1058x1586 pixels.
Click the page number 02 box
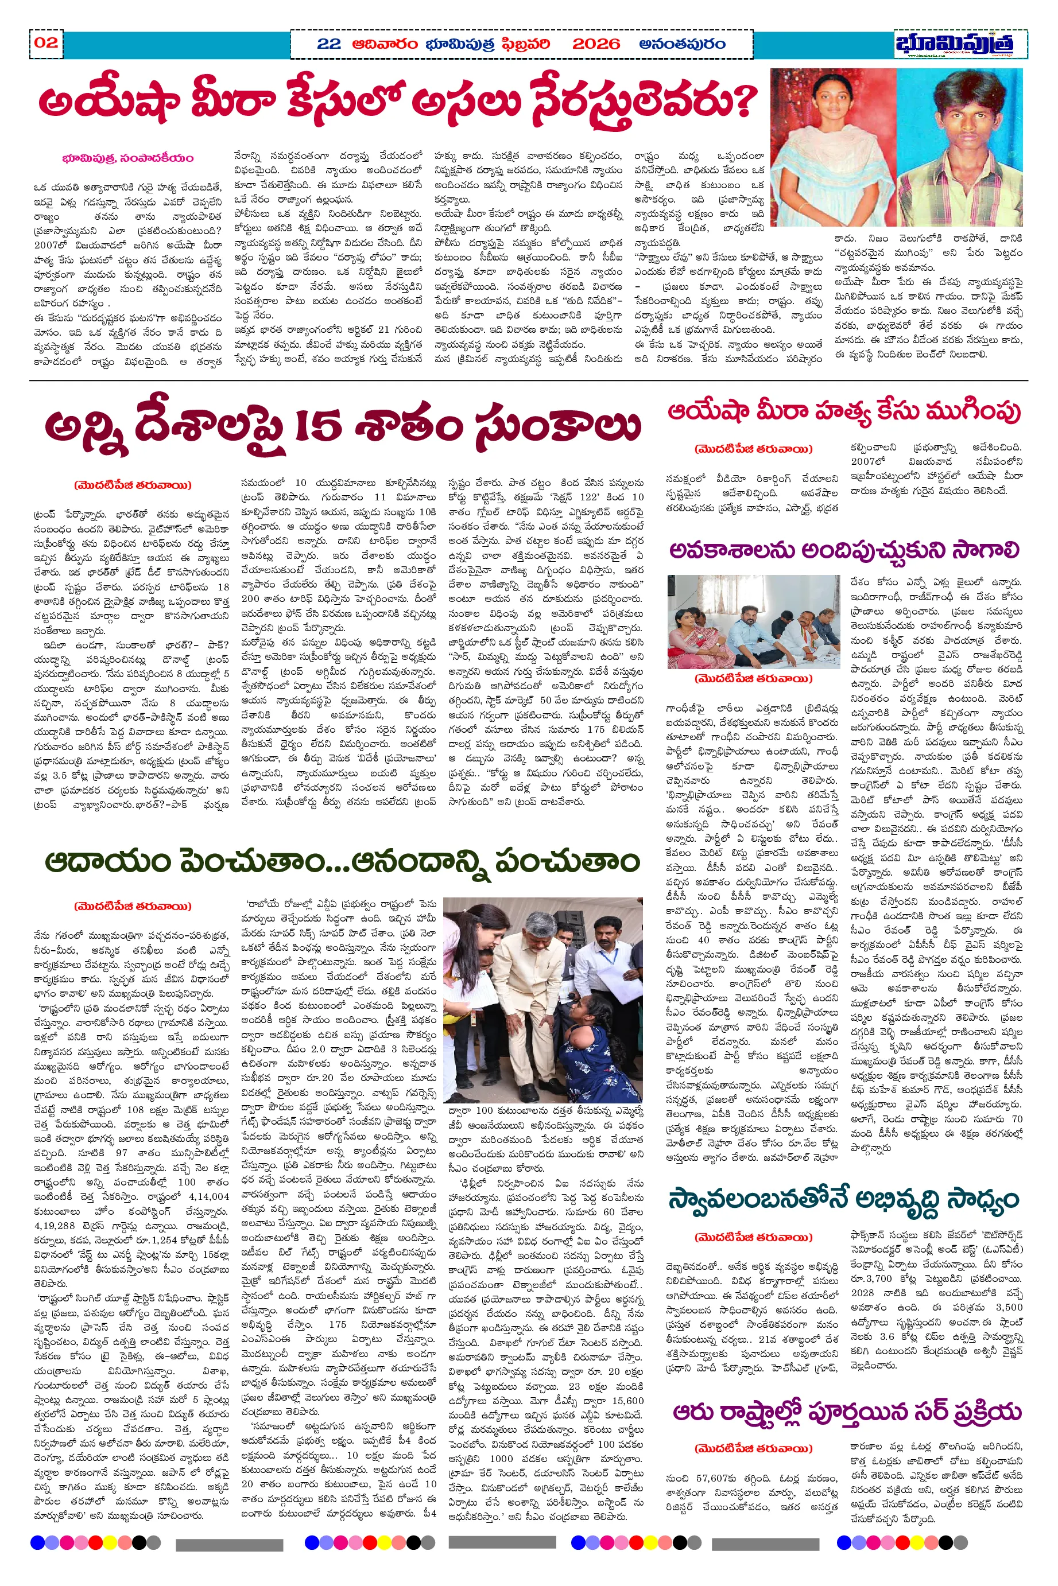point(46,43)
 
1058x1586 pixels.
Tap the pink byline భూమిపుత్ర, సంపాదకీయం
point(127,158)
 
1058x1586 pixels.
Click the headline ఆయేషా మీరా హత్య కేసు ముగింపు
point(843,411)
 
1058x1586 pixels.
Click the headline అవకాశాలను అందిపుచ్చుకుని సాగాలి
point(843,551)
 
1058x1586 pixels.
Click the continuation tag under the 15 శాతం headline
point(133,485)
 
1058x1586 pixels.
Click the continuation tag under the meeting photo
point(753,679)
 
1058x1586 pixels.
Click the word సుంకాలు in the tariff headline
point(557,427)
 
